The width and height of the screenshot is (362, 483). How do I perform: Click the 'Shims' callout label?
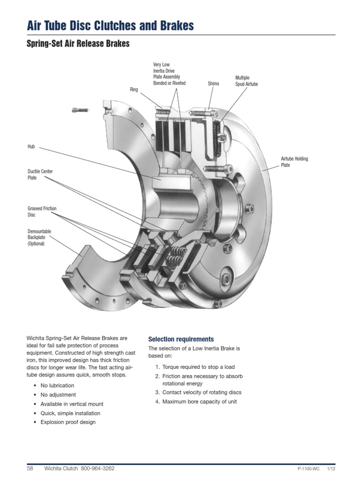point(214,83)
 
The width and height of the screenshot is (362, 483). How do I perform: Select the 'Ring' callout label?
point(134,89)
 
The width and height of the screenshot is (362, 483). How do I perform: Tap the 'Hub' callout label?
point(32,147)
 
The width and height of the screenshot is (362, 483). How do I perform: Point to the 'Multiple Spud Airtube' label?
point(247,81)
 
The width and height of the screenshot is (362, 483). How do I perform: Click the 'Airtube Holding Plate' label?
point(294,162)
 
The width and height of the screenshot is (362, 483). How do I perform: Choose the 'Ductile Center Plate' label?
point(40,175)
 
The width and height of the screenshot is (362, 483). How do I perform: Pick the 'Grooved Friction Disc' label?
point(42,211)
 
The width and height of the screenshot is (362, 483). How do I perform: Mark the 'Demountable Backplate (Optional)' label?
point(39,237)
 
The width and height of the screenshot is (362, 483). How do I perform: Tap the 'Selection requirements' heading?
point(181,339)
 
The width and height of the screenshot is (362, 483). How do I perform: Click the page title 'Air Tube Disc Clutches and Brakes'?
point(110,25)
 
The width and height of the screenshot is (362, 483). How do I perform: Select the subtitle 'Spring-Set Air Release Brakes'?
point(78,44)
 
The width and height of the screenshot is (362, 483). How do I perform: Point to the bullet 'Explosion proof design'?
point(68,422)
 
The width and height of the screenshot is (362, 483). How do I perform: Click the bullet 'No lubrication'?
point(58,385)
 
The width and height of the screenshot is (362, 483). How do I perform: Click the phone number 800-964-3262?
point(98,469)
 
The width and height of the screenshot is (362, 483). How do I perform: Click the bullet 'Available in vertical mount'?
point(72,404)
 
